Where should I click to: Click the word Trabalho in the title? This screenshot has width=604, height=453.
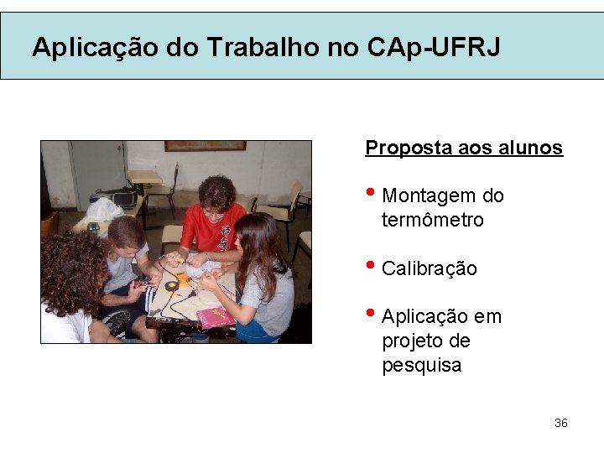[261, 47]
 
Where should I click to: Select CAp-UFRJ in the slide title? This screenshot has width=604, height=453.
[434, 47]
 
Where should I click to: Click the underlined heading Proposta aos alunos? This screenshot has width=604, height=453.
[464, 148]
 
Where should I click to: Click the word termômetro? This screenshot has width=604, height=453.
[433, 221]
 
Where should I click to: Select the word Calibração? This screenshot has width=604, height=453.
[430, 269]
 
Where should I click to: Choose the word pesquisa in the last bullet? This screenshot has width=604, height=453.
[422, 366]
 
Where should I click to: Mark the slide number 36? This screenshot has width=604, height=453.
[561, 423]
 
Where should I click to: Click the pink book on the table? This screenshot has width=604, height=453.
[216, 317]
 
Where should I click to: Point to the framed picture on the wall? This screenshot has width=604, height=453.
[205, 146]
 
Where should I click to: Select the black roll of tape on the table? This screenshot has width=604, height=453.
[172, 286]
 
